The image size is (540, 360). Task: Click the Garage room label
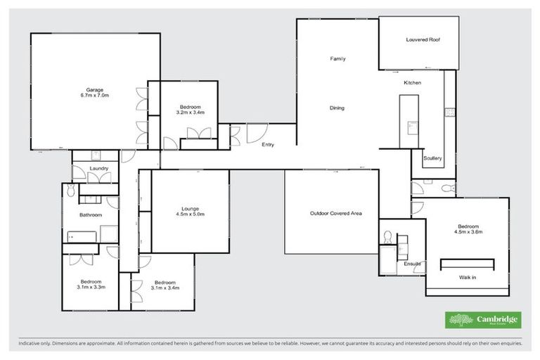pos(95,89)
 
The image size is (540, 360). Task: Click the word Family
pos(337,58)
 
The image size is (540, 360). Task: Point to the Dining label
pos(337,108)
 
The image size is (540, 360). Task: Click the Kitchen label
pos(412,83)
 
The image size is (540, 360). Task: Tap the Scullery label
pos(432,158)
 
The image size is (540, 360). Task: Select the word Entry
pos(268,145)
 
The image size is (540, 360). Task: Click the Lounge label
pos(190,209)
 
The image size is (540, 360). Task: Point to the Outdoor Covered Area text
pos(335,213)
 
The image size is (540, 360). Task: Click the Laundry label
pos(98,168)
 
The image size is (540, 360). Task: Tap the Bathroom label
pos(91,215)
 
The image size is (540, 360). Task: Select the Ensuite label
pos(412,264)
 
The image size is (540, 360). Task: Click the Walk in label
pos(468,278)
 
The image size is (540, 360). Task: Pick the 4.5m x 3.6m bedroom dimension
pos(468,231)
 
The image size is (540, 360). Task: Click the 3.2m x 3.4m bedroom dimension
pos(191,112)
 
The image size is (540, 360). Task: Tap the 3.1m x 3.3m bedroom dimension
pos(91,287)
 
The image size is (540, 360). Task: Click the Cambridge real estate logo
pos(484,320)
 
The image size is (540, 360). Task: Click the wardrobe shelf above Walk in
pos(467,264)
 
